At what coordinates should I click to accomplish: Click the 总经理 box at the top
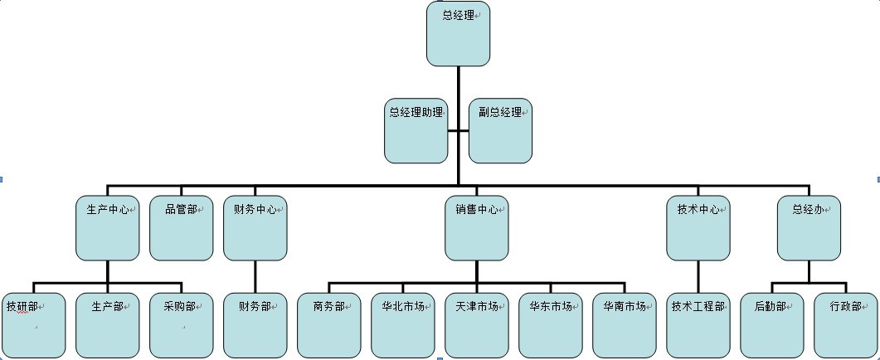click(x=458, y=34)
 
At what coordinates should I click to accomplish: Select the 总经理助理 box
click(x=416, y=131)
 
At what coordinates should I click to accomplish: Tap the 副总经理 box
click(x=500, y=131)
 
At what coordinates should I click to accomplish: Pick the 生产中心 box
click(x=108, y=228)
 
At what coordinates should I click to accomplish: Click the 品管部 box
click(x=181, y=228)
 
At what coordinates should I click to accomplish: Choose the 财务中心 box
click(x=255, y=228)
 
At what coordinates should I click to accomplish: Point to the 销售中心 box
click(x=476, y=228)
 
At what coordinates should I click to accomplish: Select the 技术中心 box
click(x=698, y=228)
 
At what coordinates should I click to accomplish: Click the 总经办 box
click(x=808, y=228)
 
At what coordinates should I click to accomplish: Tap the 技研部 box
click(x=34, y=325)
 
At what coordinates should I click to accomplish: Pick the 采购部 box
click(x=181, y=325)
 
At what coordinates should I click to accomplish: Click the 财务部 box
click(x=255, y=325)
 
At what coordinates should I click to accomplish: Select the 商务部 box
click(x=329, y=325)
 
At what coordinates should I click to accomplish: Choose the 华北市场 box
click(x=403, y=325)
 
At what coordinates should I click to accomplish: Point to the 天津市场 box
click(x=477, y=325)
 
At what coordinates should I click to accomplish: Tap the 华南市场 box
click(x=625, y=325)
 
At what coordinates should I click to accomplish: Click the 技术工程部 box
click(x=698, y=325)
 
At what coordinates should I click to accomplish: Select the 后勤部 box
click(x=771, y=325)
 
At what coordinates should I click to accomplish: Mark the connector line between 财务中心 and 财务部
click(x=255, y=276)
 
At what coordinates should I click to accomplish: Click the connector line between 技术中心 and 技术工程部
click(x=698, y=276)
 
